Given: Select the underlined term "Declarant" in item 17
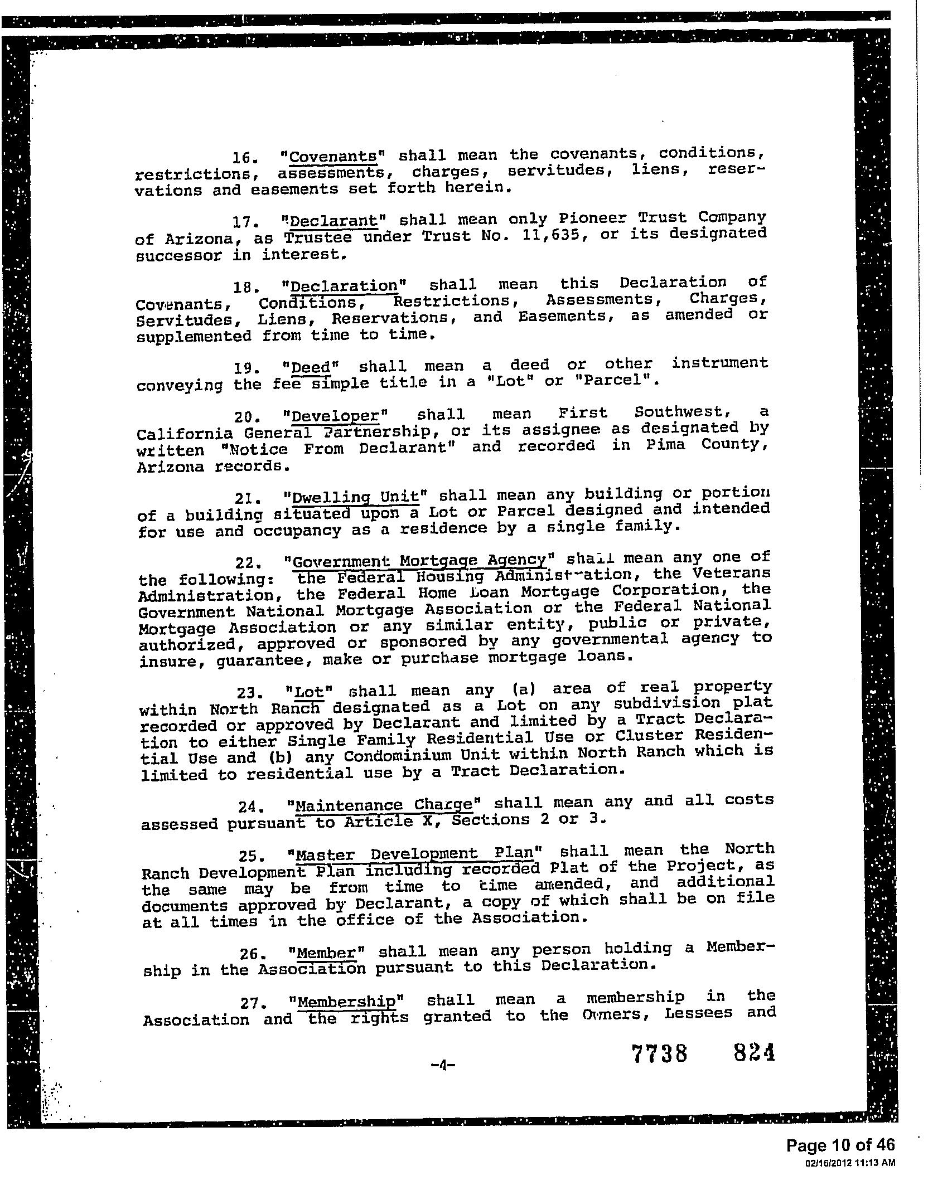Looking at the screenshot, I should coord(333,220).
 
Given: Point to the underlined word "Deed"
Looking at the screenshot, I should coord(311,368).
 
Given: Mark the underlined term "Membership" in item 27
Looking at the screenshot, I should coord(346,1002).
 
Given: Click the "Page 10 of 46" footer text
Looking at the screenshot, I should coord(840,1145).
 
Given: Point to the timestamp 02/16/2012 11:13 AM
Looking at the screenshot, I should coord(850,1163).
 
